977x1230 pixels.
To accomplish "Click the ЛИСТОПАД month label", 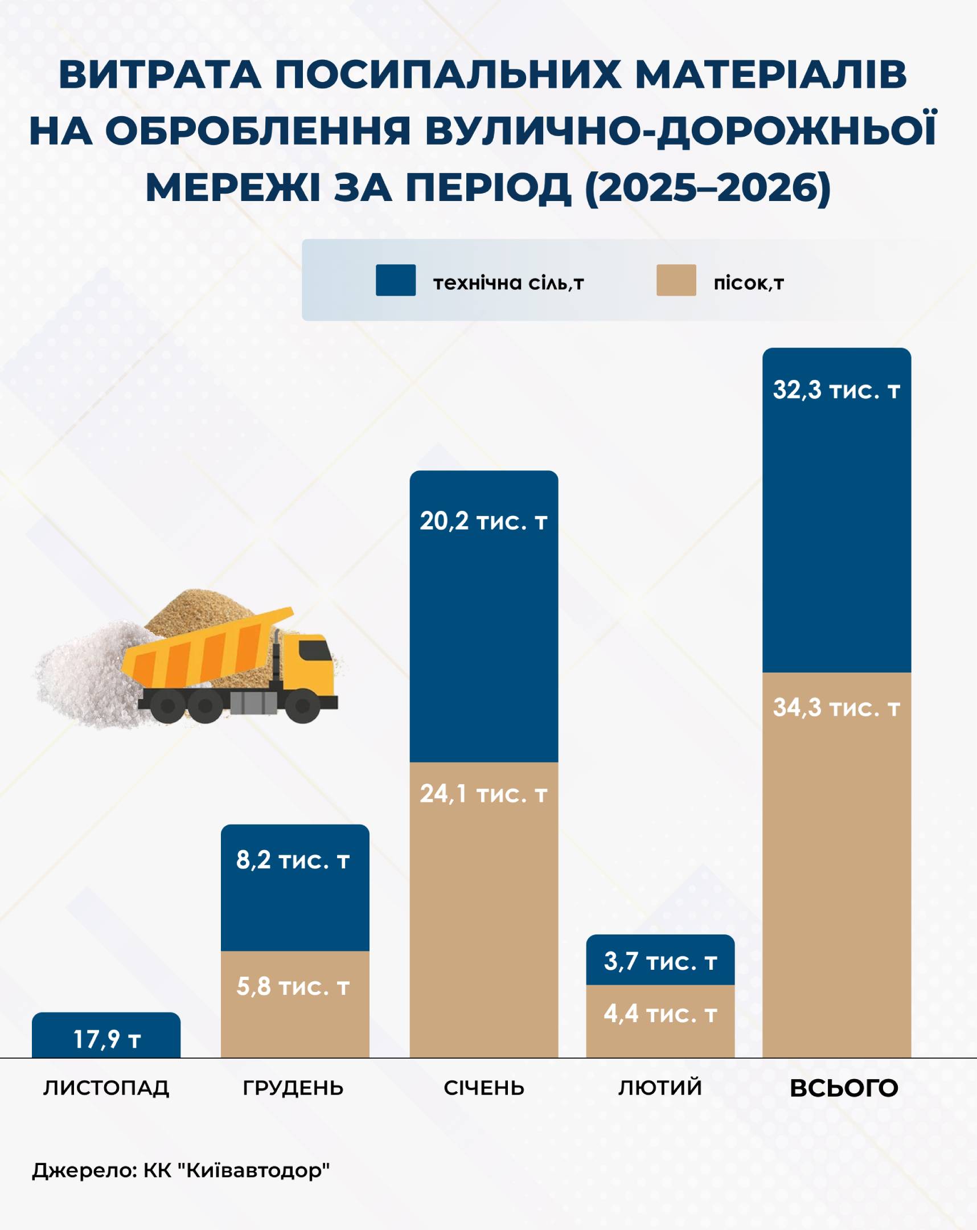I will point(106,1088).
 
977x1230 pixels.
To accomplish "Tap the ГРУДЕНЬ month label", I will point(293,1088).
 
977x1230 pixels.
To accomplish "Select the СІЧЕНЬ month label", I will point(483,1088).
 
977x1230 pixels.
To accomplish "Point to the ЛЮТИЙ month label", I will point(660,1088).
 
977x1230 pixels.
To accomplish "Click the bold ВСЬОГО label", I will point(844,1089).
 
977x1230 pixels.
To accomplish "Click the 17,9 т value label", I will point(106,1039).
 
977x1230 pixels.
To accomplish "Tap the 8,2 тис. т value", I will point(293,860).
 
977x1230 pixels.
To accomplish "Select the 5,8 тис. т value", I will point(293,987).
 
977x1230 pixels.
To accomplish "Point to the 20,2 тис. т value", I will point(483,522).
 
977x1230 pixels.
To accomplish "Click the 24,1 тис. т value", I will point(483,794).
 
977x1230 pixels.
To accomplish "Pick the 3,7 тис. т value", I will point(660,962).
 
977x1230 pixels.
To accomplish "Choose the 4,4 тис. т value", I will point(660,1014).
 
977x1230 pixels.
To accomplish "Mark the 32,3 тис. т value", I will point(836,391).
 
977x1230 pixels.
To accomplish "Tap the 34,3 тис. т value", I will point(836,708).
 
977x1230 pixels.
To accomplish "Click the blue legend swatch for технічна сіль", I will point(395,280).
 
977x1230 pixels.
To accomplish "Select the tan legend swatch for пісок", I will point(676,280).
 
